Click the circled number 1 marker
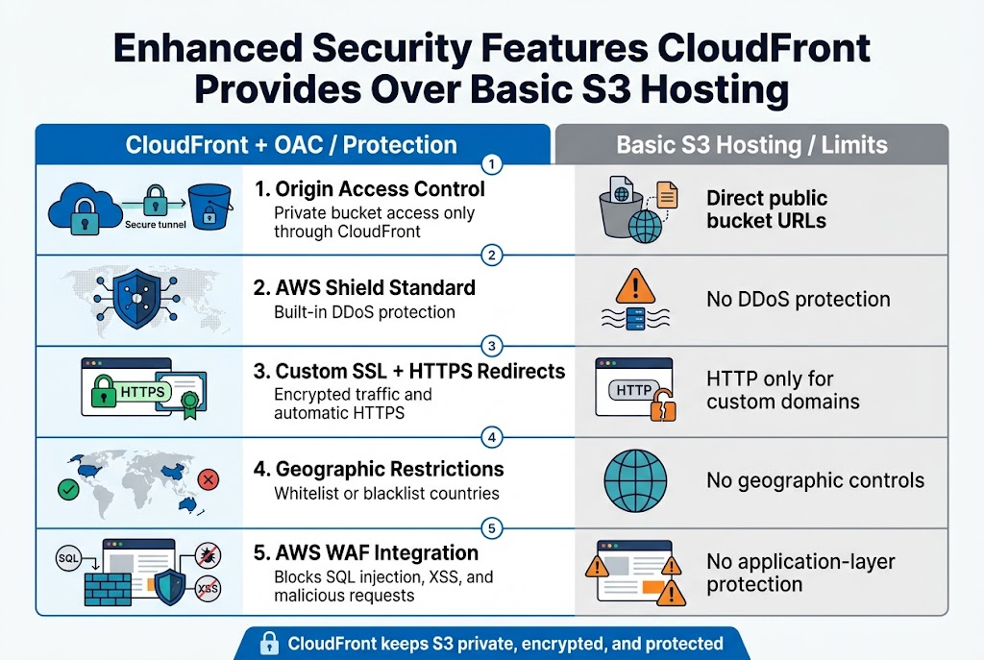491,164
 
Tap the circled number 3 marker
491,346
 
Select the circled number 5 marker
491,527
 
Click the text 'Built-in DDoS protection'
364,312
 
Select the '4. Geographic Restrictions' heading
389,470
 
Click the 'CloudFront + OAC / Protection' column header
291,145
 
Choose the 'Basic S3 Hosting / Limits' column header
751,145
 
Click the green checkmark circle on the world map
68,490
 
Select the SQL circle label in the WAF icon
68,558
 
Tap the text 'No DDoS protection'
798,300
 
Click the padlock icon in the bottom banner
270,644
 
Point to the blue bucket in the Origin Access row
209,207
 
